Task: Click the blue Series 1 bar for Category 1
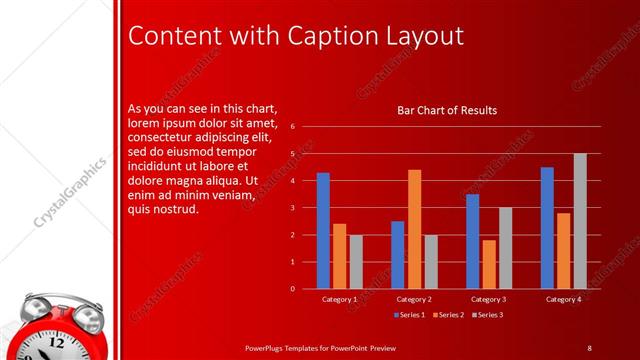click(323, 231)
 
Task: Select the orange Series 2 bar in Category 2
click(414, 229)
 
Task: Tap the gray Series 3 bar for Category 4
click(580, 221)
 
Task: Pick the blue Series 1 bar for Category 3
click(473, 241)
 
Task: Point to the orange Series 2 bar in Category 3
click(489, 264)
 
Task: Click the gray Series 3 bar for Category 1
click(356, 261)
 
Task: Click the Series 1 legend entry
click(409, 315)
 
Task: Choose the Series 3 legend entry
click(487, 315)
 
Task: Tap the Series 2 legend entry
click(448, 315)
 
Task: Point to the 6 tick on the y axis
click(292, 127)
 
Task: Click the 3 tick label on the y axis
click(292, 208)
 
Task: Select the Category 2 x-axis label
click(414, 299)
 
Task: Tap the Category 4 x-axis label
click(564, 299)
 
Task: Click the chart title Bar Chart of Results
click(447, 110)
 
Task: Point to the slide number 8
click(589, 347)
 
